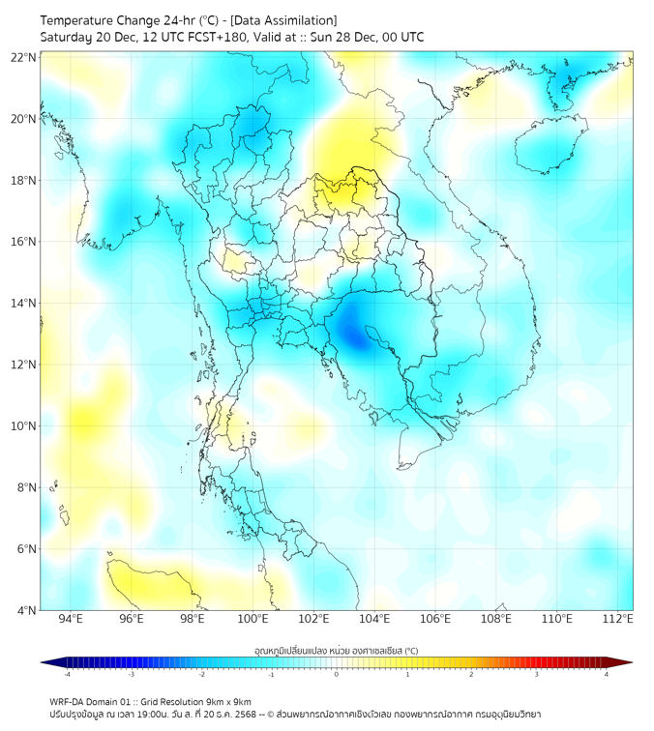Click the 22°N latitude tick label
coord(24,57)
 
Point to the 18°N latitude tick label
coord(24,180)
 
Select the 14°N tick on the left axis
coord(24,303)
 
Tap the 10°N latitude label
coord(24,425)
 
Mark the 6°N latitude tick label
coord(24,548)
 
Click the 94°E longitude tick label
coord(71,619)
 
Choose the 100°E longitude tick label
coord(253,619)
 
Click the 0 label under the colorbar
coord(336,674)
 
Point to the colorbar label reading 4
coord(607,674)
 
